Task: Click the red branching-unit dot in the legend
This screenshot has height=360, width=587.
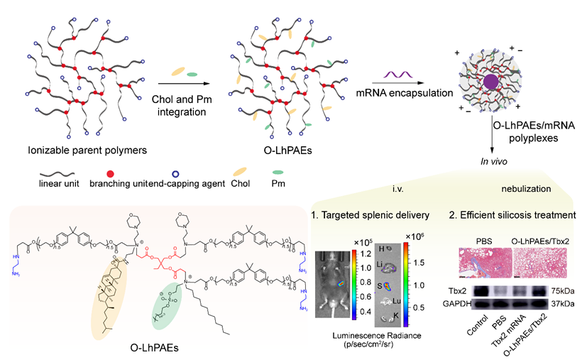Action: (x=104, y=174)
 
